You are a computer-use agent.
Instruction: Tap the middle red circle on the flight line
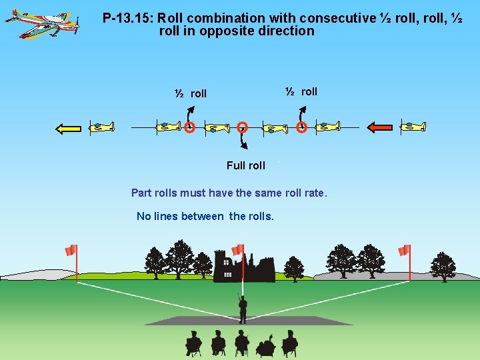coord(243,127)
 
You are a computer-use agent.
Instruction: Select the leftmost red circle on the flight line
coord(190,127)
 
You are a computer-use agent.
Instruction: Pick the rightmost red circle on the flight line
coord(301,127)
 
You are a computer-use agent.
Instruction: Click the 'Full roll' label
coord(245,165)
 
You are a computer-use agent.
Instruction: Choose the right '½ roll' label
coord(301,91)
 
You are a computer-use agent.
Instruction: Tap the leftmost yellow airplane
coord(101,127)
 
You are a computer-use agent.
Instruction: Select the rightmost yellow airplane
coord(412,126)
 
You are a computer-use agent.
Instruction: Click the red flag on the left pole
coord(71,250)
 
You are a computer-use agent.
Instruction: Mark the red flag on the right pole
coord(403,251)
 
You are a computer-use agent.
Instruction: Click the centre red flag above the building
coord(238,249)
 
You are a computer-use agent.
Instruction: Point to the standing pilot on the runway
coord(243,308)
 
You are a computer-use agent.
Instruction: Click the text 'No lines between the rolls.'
coord(205,216)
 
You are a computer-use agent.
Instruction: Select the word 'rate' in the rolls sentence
coord(314,193)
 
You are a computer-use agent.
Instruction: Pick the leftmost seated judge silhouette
coord(193,343)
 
